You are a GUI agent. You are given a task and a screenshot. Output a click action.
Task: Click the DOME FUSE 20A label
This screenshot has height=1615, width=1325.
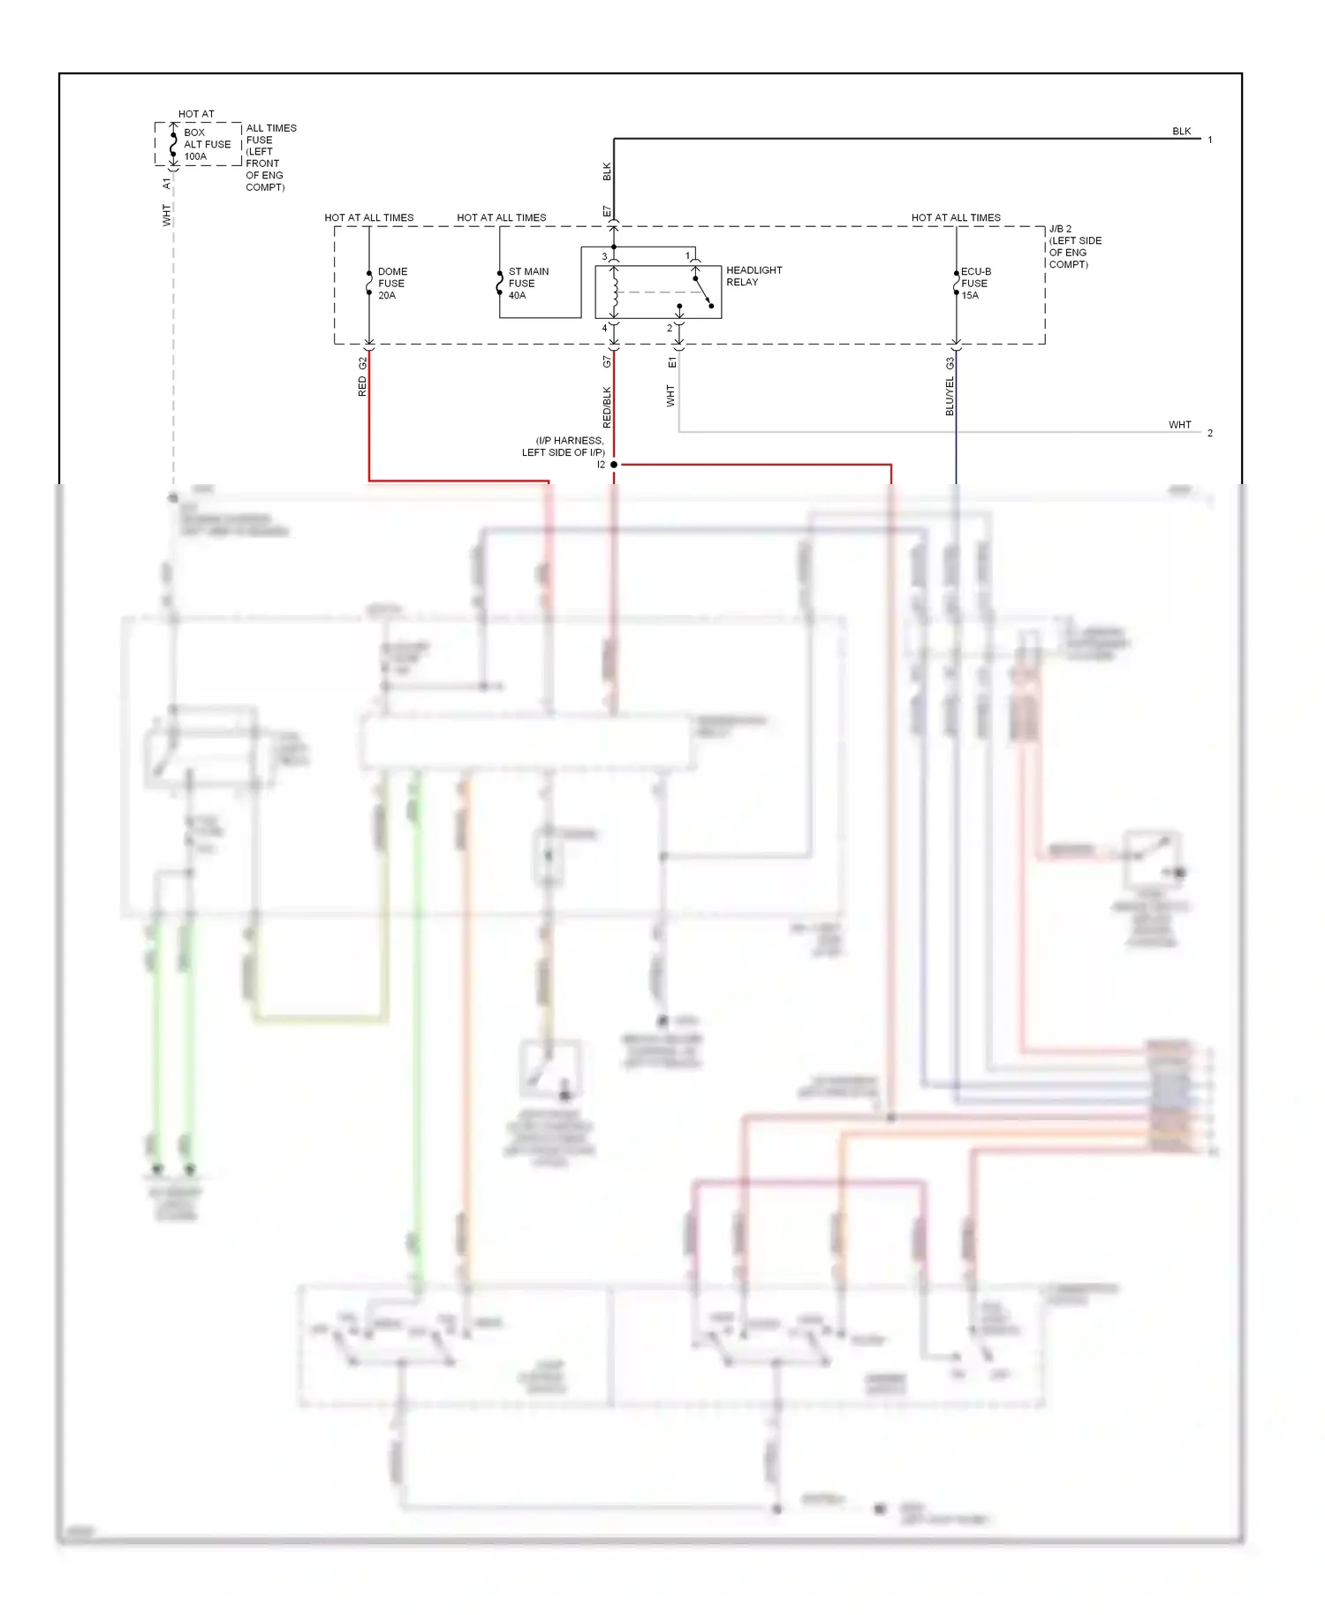tap(391, 284)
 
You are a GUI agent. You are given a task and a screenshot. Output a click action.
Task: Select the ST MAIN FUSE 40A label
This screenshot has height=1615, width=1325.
tap(527, 284)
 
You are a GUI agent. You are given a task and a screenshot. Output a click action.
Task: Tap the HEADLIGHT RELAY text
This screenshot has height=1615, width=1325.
tap(753, 276)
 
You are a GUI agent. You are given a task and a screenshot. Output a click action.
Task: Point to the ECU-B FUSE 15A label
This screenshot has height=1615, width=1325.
tap(975, 284)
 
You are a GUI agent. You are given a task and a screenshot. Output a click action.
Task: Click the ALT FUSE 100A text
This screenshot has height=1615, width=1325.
tap(206, 145)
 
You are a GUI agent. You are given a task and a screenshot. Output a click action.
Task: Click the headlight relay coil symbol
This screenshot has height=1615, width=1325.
tap(614, 292)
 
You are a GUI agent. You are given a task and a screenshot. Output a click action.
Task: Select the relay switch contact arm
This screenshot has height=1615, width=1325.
tap(703, 292)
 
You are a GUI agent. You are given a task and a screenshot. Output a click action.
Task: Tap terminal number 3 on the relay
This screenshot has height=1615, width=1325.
tap(604, 257)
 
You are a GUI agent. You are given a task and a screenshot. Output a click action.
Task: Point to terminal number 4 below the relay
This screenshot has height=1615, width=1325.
tap(604, 328)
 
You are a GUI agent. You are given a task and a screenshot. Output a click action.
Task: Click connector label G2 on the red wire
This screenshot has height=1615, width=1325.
tap(362, 363)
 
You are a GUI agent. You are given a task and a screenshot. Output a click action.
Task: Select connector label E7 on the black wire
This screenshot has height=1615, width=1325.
tap(607, 212)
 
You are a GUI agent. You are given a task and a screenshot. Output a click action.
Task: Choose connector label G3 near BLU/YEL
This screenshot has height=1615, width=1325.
tap(950, 363)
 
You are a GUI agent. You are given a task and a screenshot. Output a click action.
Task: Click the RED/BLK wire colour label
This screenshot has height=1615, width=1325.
tap(607, 406)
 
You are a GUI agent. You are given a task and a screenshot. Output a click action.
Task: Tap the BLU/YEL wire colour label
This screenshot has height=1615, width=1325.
tap(950, 396)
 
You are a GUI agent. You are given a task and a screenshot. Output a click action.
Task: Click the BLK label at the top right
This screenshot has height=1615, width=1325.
tap(1181, 132)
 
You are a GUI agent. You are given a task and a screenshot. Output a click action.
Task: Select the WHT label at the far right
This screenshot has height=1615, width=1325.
tap(1179, 425)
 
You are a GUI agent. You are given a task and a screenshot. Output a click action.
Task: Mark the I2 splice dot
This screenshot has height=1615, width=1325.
tap(614, 465)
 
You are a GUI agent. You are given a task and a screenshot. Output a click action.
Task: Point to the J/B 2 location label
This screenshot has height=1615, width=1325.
tap(1073, 246)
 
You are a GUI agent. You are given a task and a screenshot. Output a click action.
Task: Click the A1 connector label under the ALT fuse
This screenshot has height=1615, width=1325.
tap(166, 184)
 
